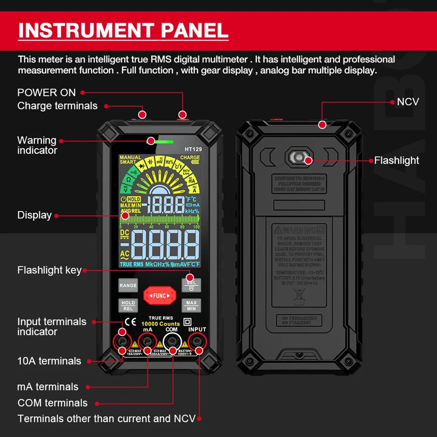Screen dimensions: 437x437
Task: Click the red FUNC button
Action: pos(159,296)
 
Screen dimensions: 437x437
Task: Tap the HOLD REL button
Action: pos(128,305)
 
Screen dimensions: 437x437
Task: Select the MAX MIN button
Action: pos(191,305)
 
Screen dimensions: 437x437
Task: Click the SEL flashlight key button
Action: pos(191,285)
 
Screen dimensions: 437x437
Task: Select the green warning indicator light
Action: pos(165,141)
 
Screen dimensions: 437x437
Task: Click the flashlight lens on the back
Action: pos(299,158)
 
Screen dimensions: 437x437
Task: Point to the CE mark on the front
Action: pos(130,322)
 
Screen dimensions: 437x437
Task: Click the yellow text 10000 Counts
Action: pos(160,324)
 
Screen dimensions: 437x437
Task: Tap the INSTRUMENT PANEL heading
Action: pos(123,31)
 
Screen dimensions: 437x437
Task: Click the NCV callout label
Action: pos(408,102)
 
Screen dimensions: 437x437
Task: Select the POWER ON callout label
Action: pos(46,93)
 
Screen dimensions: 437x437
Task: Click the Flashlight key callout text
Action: pos(49,270)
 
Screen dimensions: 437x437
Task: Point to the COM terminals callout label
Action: pos(52,403)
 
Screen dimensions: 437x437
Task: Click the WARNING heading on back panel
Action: pos(299,230)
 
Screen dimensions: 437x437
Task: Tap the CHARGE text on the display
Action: pos(190,158)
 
